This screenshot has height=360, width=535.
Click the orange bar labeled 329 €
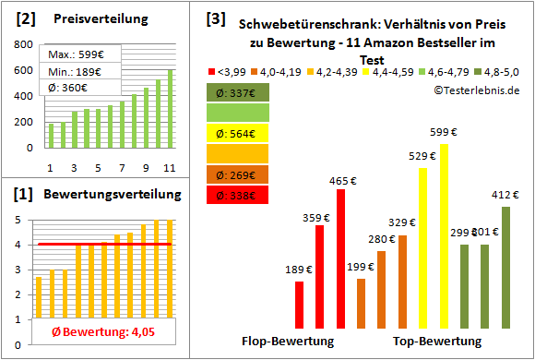402,281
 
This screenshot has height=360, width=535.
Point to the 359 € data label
315,218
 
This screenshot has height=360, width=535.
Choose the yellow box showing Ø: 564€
238,133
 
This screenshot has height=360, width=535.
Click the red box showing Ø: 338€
238,196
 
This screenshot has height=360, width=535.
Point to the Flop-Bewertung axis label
287,341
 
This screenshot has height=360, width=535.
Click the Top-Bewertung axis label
437,341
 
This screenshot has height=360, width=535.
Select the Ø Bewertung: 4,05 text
96,330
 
